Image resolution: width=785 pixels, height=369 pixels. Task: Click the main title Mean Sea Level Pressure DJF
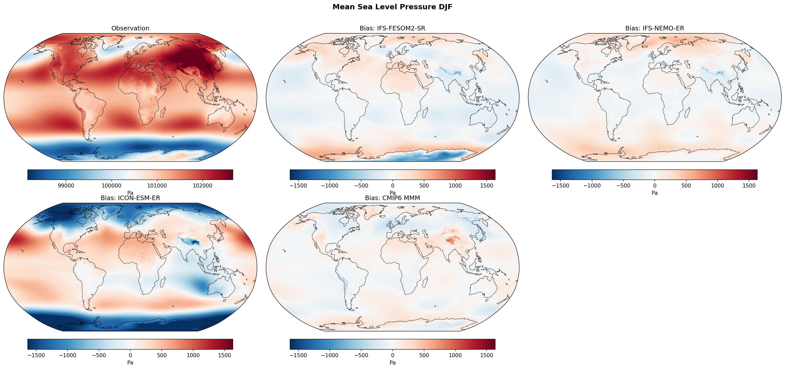[392, 7]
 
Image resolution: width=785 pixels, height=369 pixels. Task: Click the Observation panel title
[130, 28]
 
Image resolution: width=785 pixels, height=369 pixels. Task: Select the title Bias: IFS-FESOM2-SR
[392, 28]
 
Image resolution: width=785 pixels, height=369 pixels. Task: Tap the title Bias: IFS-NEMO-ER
[654, 28]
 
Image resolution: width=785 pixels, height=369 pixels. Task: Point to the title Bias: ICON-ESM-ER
[130, 198]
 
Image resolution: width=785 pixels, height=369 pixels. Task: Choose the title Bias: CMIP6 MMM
[392, 198]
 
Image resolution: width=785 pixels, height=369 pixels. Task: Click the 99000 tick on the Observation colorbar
[66, 186]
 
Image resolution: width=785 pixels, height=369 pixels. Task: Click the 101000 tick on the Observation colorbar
[157, 186]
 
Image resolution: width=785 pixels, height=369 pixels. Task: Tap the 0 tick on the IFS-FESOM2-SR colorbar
[392, 186]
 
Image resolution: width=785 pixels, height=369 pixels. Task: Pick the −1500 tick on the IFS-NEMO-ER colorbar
[560, 186]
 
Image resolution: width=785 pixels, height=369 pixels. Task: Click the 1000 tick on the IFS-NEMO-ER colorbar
[717, 186]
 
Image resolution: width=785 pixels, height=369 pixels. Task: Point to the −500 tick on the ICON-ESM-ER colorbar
[99, 355]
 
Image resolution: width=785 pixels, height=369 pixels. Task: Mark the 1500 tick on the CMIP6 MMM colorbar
[487, 355]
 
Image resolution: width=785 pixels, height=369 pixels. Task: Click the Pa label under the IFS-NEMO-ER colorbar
[654, 193]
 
